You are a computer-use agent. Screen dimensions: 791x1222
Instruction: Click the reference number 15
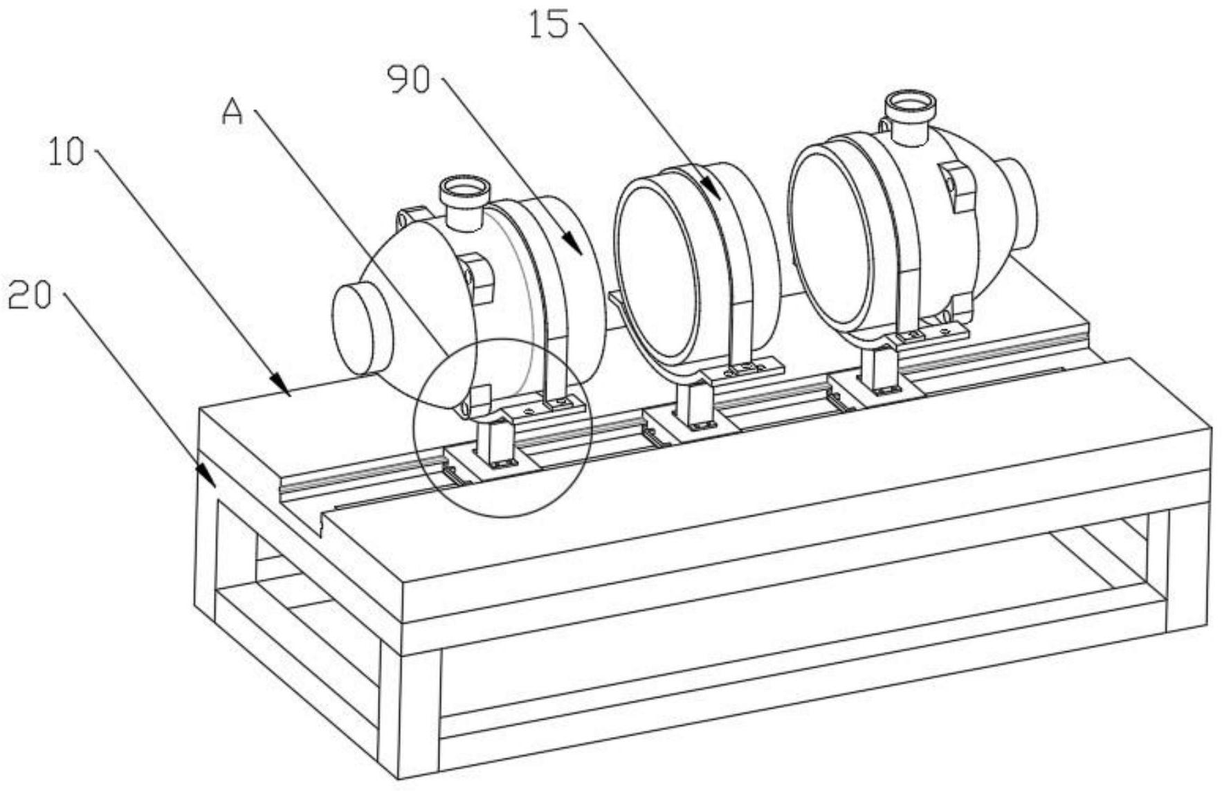coord(549,26)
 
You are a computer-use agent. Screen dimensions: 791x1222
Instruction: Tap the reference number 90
coord(408,80)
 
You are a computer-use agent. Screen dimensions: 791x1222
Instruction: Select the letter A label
coord(232,111)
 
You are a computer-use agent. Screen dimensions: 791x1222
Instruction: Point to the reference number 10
coord(66,152)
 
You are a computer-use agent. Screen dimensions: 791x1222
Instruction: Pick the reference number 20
coord(30,297)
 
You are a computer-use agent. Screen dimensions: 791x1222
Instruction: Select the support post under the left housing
coord(493,443)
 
